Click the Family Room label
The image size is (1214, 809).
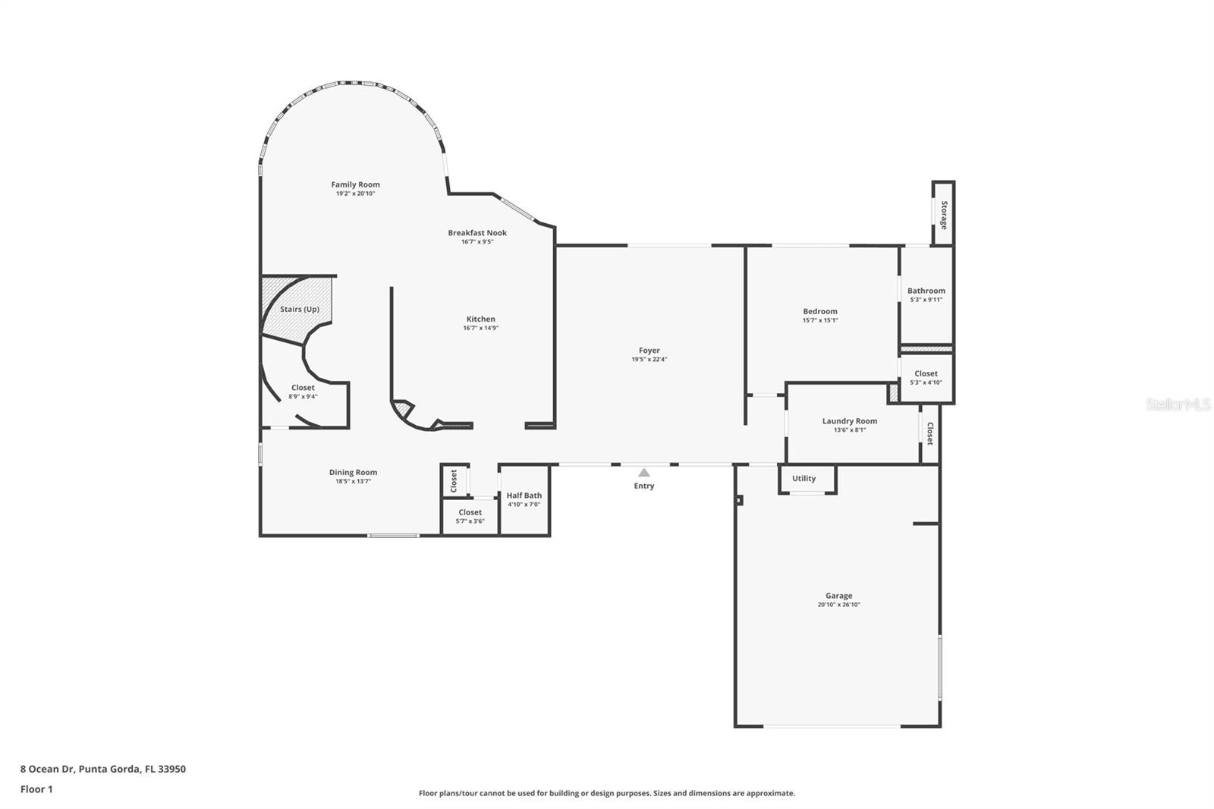356,184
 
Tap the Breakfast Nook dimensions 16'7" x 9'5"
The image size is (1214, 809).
477,242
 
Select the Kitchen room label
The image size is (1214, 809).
481,319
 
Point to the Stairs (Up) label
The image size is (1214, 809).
300,309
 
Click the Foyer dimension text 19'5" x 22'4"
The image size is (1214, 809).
649,360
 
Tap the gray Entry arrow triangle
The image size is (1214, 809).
644,473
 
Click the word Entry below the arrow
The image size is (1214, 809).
644,486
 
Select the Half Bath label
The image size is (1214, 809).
524,495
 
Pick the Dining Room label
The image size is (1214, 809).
354,472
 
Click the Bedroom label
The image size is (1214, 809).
820,311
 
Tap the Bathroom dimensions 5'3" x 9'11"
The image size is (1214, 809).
926,300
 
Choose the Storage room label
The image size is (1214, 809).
944,216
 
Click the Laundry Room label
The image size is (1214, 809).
850,420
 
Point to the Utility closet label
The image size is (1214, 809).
804,478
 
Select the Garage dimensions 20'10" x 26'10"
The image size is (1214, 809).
839,605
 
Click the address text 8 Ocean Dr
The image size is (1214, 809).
48,769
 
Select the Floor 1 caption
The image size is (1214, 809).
36,789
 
